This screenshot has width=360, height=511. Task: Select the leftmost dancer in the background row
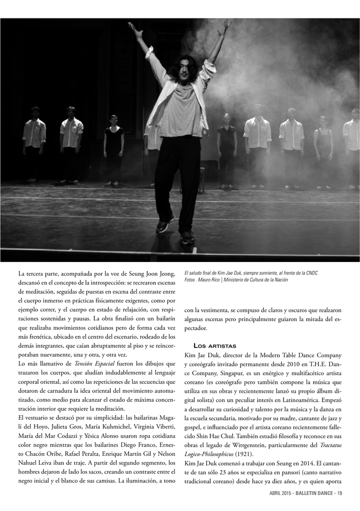(x=33, y=142)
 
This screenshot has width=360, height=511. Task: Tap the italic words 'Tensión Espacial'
(x=94, y=363)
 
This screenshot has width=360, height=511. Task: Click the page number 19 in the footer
(x=340, y=494)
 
